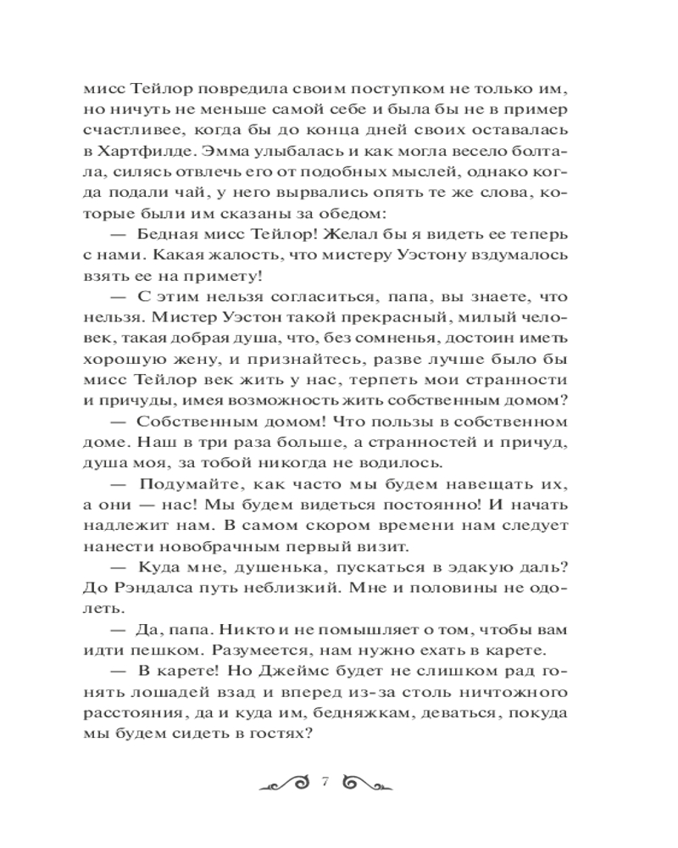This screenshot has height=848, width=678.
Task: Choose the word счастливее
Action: tap(131, 130)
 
